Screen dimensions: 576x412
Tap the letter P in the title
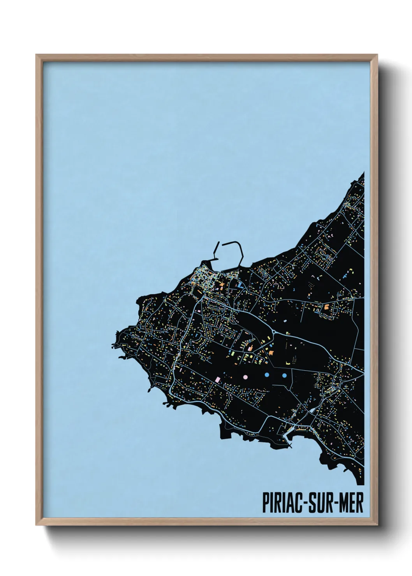[x=266, y=503]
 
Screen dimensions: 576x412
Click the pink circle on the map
[x=245, y=376]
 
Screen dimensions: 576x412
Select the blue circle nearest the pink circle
[x=267, y=375]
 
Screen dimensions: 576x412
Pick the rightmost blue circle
[x=284, y=375]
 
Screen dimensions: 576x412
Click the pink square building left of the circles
[x=218, y=379]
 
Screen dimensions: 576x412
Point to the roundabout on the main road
[x=274, y=332]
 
